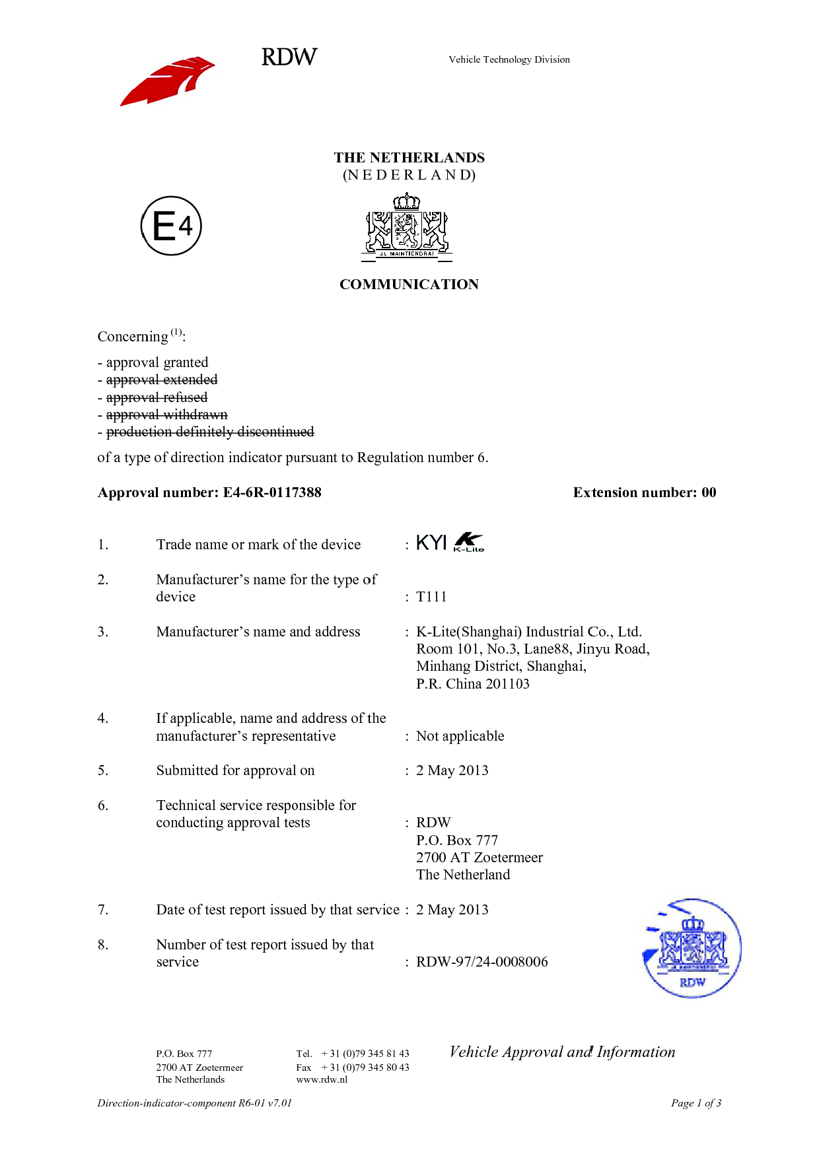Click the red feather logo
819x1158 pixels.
click(167, 81)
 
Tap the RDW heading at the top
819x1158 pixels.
click(289, 57)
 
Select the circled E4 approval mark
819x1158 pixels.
click(171, 226)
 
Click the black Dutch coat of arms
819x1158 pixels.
click(407, 226)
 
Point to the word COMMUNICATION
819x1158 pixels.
click(409, 285)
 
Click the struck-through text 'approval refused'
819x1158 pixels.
click(157, 397)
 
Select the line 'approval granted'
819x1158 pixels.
click(157, 362)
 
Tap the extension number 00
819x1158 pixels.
click(709, 493)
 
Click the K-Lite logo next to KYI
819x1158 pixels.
click(469, 542)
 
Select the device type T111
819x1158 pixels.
click(431, 597)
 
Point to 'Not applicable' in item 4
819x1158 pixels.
click(460, 736)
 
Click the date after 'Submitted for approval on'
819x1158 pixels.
click(452, 770)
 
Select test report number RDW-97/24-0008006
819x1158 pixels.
click(482, 962)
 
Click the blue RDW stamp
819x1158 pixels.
click(692, 949)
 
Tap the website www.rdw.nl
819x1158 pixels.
click(322, 1080)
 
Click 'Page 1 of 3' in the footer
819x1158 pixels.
click(695, 1103)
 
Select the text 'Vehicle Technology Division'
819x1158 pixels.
click(509, 59)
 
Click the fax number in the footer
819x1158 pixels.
click(365, 1068)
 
